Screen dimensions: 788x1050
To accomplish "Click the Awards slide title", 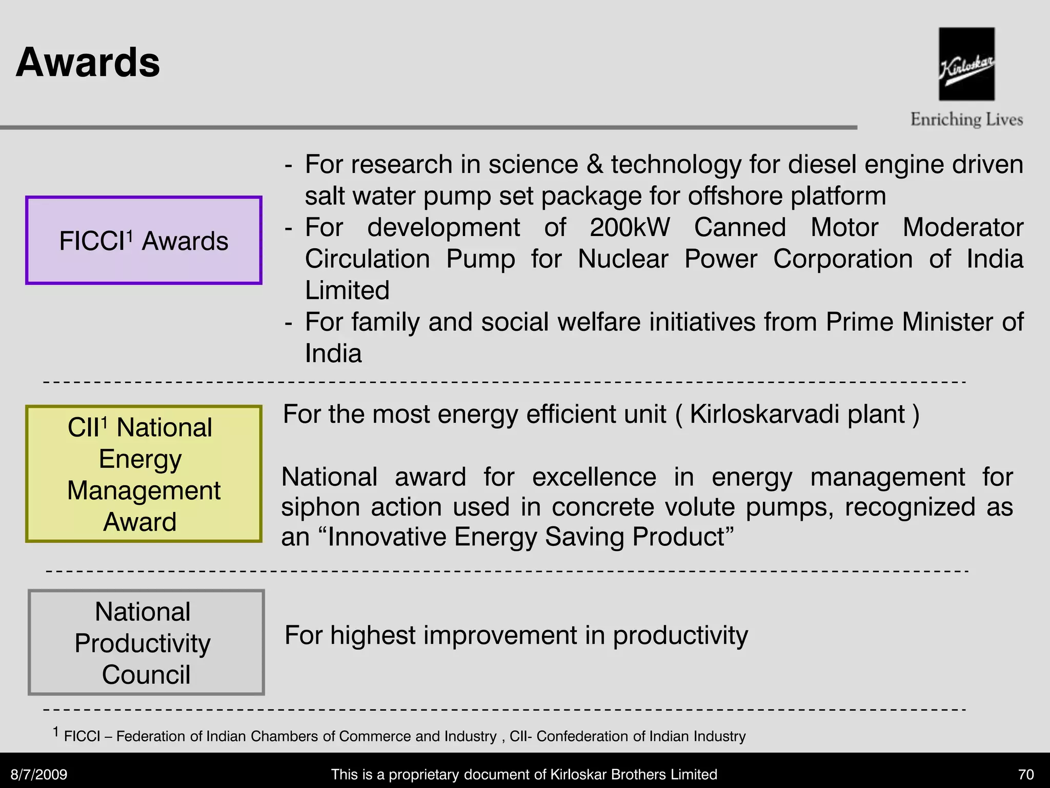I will tap(88, 63).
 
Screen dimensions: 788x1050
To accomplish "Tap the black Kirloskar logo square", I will tap(966, 64).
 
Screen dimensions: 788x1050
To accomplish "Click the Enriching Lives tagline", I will tap(966, 120).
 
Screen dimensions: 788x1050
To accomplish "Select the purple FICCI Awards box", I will tap(144, 240).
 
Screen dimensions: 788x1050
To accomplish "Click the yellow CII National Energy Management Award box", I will tap(144, 474).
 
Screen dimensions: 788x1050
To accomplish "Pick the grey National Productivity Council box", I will tap(146, 642).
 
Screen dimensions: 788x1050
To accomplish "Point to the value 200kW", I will tap(630, 227).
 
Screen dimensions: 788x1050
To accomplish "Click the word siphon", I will tap(321, 507).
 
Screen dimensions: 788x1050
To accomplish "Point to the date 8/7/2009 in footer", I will tap(39, 774).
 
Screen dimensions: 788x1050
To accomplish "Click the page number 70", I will tap(1026, 774).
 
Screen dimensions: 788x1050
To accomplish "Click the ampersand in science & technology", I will tap(594, 165).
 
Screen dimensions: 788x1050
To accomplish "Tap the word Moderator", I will tap(963, 227).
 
